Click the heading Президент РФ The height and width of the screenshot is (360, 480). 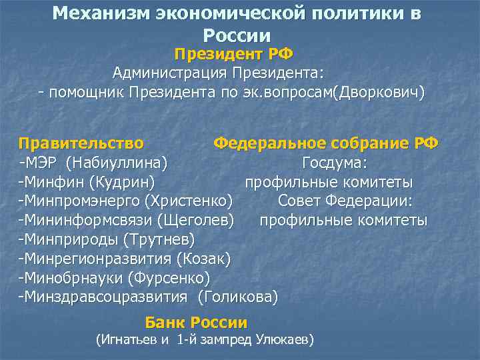point(233,53)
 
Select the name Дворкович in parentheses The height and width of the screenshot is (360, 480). point(381,91)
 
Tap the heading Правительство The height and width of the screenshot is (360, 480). point(81,143)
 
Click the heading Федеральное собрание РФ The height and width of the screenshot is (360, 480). point(325,143)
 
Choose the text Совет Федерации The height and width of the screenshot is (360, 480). point(345,201)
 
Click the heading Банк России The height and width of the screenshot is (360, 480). point(196,323)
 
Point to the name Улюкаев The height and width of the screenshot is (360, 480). point(278,340)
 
